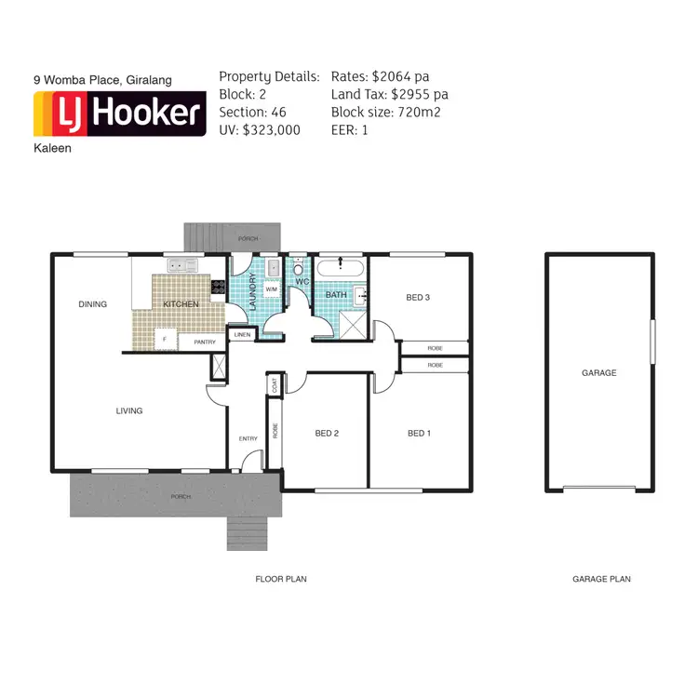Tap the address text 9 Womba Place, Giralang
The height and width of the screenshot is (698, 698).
[x=102, y=81]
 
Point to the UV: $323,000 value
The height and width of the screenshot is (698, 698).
[x=260, y=130]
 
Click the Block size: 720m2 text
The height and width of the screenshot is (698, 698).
[x=385, y=113]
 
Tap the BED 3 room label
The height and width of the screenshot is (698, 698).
[x=418, y=298]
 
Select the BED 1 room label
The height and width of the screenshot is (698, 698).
[x=419, y=433]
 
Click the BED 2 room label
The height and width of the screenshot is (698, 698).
[x=326, y=433]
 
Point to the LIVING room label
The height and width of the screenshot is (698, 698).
[x=129, y=410]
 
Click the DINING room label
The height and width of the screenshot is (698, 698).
[x=93, y=304]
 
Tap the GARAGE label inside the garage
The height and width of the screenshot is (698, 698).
[x=598, y=373]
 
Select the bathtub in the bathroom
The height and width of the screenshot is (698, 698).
[x=341, y=269]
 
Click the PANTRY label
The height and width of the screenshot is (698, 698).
[x=205, y=342]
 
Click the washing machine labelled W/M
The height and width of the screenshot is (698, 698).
[x=272, y=289]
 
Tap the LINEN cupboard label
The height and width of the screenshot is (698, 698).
[x=242, y=333]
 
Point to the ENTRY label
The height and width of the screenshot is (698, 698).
[x=248, y=438]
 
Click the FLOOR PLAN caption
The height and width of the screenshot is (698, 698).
[x=281, y=579]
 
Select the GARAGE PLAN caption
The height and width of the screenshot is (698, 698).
[x=601, y=579]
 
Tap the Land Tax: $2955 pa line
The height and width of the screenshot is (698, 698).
[x=389, y=94]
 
